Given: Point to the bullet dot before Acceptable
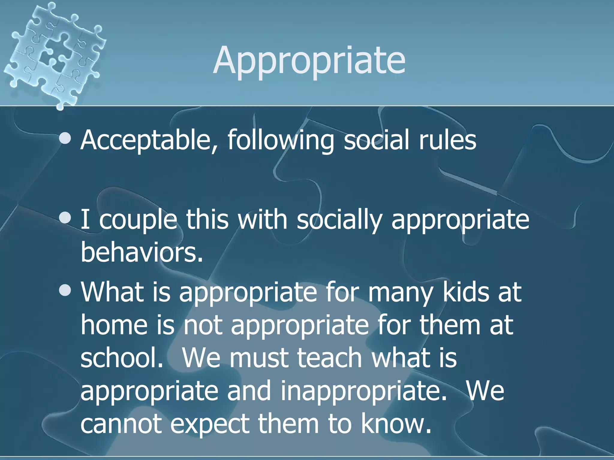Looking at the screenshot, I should [65, 138].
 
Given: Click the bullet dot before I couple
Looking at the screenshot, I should [65, 218].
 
